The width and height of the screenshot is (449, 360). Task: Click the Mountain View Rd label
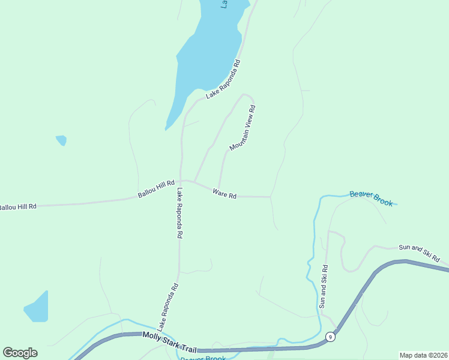pyautogui.click(x=243, y=128)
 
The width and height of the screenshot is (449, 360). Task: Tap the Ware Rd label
pyautogui.click(x=224, y=194)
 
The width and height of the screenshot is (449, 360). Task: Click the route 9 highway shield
pyautogui.click(x=330, y=337)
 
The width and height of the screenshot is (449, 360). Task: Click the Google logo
pyautogui.click(x=20, y=353)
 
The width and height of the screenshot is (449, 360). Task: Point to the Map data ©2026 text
pyautogui.click(x=423, y=355)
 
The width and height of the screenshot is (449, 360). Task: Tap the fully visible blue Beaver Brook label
pyautogui.click(x=371, y=198)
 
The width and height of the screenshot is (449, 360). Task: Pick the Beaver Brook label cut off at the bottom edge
pyautogui.click(x=202, y=358)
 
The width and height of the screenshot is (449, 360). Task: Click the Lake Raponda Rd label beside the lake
pyautogui.click(x=223, y=79)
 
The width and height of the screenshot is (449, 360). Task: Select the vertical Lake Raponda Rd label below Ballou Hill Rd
pyautogui.click(x=179, y=214)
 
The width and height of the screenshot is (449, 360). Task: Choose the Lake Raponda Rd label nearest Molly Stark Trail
pyautogui.click(x=168, y=307)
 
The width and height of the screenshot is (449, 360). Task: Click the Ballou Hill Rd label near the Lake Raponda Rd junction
pyautogui.click(x=156, y=190)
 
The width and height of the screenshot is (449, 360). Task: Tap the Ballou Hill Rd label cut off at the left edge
pyautogui.click(x=17, y=207)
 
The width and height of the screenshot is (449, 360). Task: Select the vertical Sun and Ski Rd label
pyautogui.click(x=323, y=287)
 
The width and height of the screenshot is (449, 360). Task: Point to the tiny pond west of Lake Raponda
pyautogui.click(x=61, y=140)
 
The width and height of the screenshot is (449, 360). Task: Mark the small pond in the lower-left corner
pyautogui.click(x=37, y=308)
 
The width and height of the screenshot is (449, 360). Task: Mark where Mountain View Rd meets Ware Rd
pyautogui.click(x=218, y=190)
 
